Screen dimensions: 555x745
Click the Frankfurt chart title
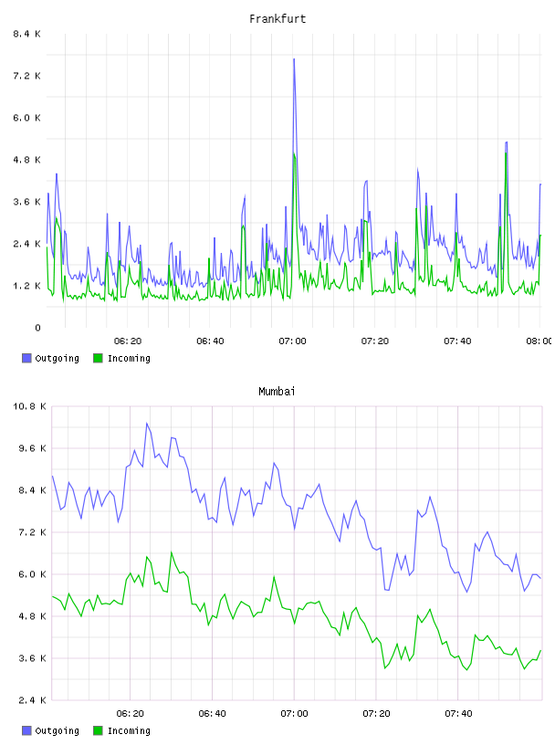click(x=277, y=19)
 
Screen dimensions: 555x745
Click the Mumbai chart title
click(x=277, y=392)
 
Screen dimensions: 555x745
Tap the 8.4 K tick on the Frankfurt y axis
click(x=27, y=34)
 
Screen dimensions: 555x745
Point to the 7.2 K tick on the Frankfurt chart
click(x=27, y=76)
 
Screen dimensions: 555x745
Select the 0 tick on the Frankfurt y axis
click(x=37, y=328)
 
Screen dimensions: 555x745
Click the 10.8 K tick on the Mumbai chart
click(x=29, y=406)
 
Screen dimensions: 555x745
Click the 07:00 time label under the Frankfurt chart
click(x=292, y=341)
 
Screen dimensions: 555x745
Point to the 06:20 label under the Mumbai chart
click(x=130, y=714)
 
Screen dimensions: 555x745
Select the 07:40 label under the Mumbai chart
click(x=458, y=714)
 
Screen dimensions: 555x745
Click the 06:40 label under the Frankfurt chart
click(x=210, y=341)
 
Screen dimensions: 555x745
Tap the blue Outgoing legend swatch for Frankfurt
click(x=26, y=358)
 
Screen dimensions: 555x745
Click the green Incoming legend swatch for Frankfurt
click(x=98, y=358)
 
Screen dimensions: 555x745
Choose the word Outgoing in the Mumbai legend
click(x=57, y=730)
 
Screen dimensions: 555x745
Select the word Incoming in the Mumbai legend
click(x=129, y=730)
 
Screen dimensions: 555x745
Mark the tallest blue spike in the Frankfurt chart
click(x=294, y=59)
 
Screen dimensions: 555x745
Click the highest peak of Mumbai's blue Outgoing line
click(x=147, y=424)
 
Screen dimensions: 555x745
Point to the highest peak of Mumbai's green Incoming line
click(x=172, y=552)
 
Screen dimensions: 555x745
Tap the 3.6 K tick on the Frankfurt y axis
click(x=27, y=202)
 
